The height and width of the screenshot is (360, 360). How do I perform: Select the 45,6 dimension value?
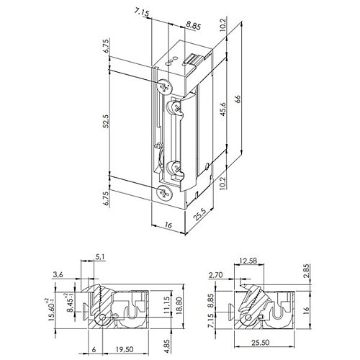coord(223,109)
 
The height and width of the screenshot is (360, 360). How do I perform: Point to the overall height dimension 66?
coord(238,99)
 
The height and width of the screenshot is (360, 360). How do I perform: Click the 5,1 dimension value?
coord(100,257)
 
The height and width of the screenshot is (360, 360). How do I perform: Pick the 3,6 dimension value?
coord(58,274)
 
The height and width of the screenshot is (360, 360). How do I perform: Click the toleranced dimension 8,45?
coord(70,303)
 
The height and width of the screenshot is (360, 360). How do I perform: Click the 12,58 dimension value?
coord(248,261)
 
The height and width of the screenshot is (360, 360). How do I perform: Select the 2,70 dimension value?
coord(215,275)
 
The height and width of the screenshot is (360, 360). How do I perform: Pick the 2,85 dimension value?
coord(307,271)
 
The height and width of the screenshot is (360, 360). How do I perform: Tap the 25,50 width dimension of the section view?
coord(260,343)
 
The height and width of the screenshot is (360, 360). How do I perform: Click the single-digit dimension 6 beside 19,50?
coord(94,350)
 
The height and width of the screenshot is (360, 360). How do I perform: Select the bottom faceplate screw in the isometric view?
coord(165,193)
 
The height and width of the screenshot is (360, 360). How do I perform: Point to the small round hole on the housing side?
coord(208,166)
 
